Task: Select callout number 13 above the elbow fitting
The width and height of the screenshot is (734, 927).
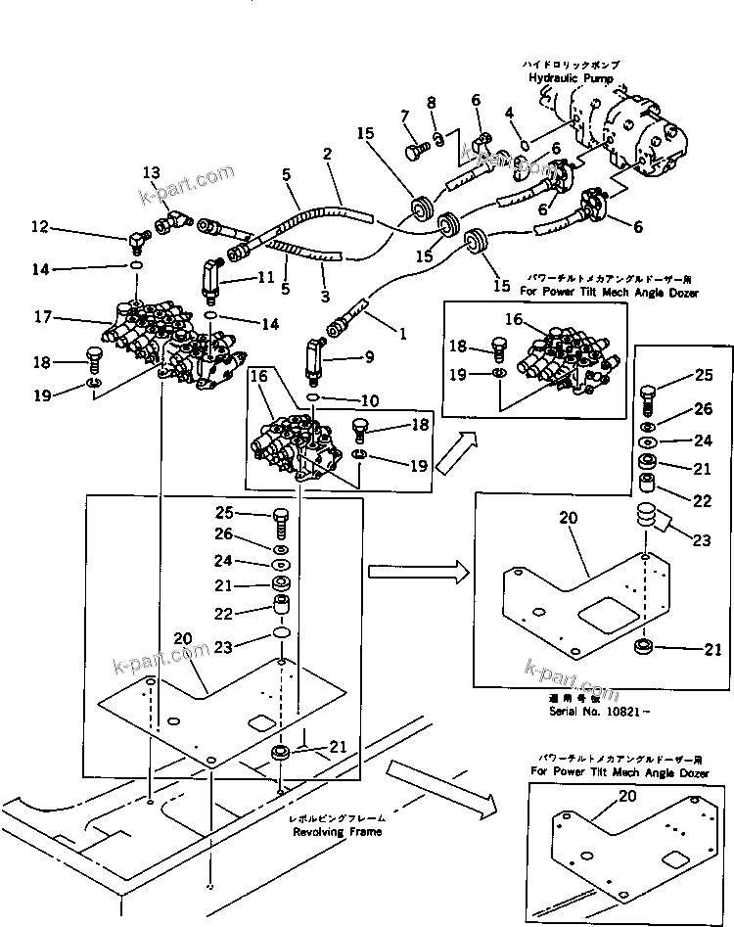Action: [151, 173]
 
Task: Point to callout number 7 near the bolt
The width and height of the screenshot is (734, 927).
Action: [404, 117]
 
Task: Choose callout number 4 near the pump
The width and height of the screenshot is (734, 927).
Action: [509, 115]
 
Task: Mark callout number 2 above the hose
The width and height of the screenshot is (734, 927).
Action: [327, 154]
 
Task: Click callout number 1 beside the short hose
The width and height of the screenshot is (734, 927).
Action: [401, 332]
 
